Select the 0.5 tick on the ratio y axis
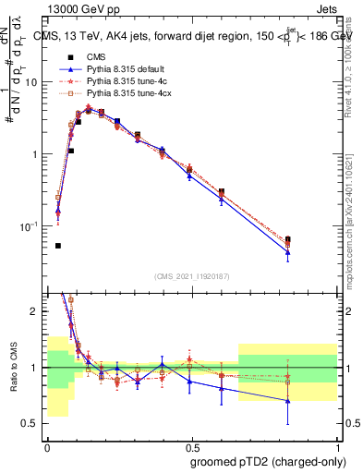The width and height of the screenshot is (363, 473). (x=32, y=424)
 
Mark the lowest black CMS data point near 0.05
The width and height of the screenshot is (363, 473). (x=58, y=246)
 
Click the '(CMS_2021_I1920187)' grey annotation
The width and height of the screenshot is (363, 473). (x=193, y=276)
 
